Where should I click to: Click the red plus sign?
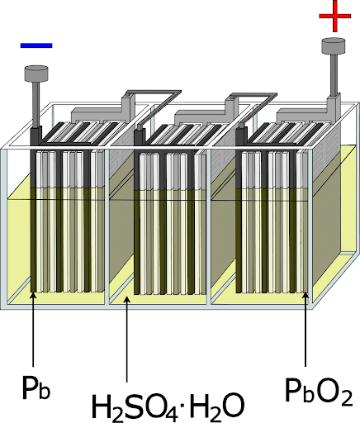point(335,16)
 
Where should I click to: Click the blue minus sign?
point(36,45)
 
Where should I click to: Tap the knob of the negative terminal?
point(36,74)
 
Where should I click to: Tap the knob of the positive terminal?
point(334,45)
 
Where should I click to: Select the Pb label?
point(36,387)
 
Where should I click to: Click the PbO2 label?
point(319,391)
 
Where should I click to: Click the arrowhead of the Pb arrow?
point(33,296)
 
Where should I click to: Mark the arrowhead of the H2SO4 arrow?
point(126,300)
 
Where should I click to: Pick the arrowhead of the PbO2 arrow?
point(306,296)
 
